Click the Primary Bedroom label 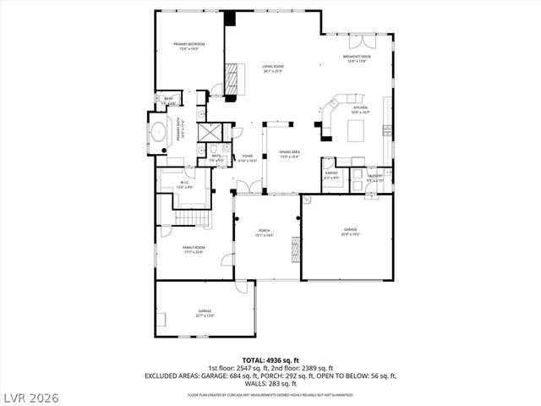tap(189, 46)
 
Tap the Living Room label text tap(272, 68)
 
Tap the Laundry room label tap(374, 178)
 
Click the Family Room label tap(193, 250)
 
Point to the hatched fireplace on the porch tap(295, 248)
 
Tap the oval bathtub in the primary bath tap(158, 133)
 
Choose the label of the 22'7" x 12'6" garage tap(205, 315)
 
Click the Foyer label tap(248, 157)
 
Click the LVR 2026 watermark tap(31, 395)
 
